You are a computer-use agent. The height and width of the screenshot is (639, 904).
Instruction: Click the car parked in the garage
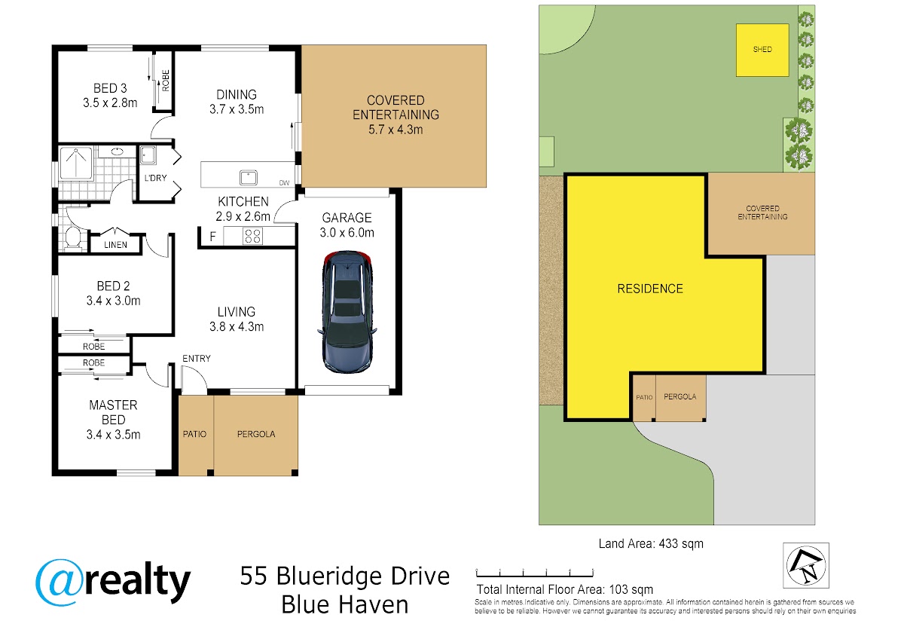coord(347,312)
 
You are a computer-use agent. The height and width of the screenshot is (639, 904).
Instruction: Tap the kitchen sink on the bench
coord(248,178)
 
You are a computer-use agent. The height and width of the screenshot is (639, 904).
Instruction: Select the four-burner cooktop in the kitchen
coord(252,236)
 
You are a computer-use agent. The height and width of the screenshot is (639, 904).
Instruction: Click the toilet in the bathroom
coord(73,238)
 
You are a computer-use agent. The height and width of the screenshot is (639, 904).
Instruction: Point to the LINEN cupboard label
coord(115,245)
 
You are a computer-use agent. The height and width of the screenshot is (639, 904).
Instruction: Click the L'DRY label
coord(155,178)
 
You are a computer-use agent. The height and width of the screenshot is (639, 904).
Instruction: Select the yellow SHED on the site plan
coord(762,50)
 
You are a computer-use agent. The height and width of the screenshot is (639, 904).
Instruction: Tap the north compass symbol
coord(806,565)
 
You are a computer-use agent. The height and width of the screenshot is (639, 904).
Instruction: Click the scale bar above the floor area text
coord(535,573)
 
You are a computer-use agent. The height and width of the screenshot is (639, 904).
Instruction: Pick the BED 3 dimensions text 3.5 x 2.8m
coord(110,103)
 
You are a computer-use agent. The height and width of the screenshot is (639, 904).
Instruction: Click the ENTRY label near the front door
coord(197,359)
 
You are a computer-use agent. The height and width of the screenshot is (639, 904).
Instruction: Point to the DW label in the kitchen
coord(284,183)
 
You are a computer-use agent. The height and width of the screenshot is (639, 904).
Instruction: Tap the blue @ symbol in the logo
coord(60,582)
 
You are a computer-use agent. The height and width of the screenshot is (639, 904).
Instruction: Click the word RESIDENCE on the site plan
coord(650,289)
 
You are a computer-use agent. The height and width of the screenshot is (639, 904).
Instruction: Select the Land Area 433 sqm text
coord(651,544)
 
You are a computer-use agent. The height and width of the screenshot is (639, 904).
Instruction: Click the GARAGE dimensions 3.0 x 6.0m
coord(347,233)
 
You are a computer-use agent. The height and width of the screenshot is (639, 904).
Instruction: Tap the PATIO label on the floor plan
coord(194,434)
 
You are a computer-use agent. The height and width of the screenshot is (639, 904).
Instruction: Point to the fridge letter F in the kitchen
coord(212,237)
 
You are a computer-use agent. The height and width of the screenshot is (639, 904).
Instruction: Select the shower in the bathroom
coord(76,164)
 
